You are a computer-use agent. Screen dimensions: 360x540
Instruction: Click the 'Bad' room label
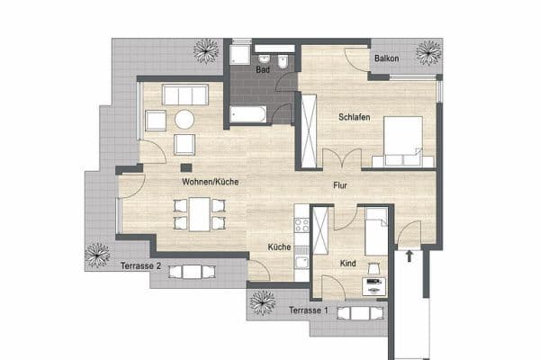click(x=263, y=68)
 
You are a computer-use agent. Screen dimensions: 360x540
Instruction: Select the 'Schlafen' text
click(x=355, y=118)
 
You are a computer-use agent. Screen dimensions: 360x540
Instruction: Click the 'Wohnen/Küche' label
click(x=210, y=182)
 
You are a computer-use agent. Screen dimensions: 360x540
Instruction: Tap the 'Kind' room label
click(x=348, y=263)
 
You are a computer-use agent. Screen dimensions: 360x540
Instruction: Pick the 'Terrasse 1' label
click(x=308, y=310)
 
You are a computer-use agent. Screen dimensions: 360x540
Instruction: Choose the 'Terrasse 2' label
click(x=140, y=265)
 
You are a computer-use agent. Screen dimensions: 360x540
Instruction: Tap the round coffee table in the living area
click(x=185, y=119)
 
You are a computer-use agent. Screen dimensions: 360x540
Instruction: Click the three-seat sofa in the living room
click(x=184, y=94)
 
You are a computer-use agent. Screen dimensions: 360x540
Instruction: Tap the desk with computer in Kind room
click(x=373, y=286)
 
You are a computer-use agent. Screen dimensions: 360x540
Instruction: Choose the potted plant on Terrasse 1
click(x=262, y=302)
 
